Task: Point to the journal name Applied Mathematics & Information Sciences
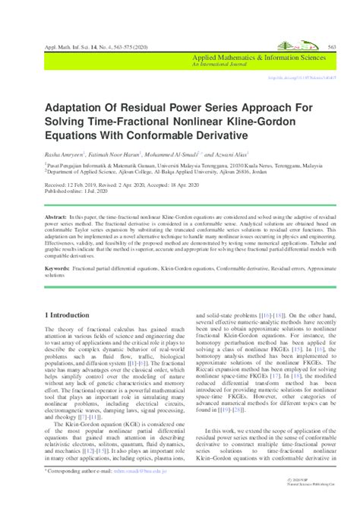(x=259, y=57)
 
